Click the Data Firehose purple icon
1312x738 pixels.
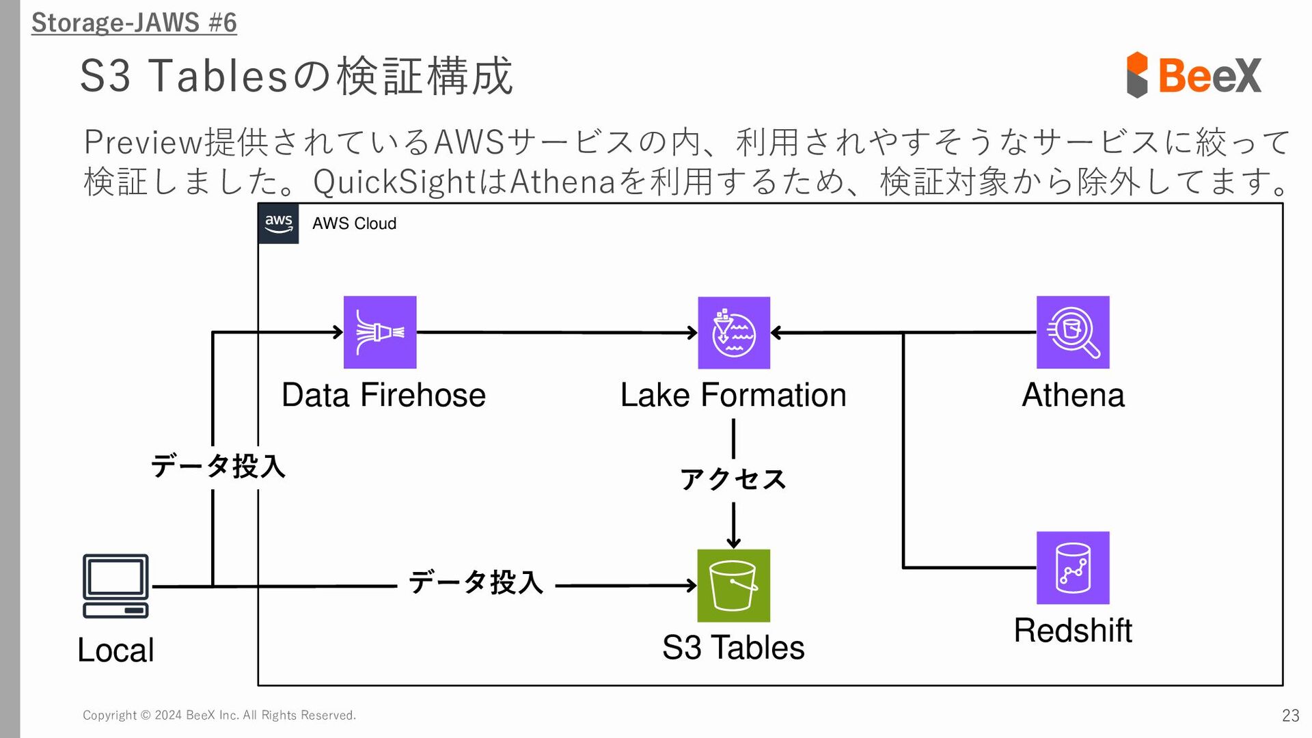380,332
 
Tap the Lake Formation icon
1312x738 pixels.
734,333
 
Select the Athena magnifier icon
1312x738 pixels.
1073,332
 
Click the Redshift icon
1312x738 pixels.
1073,568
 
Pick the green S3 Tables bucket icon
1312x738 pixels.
734,586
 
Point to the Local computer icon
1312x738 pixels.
115,586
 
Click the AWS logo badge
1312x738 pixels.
279,223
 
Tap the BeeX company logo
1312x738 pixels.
1194,74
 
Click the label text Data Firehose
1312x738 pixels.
383,395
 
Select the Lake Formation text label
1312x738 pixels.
733,395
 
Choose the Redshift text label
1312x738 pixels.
1073,630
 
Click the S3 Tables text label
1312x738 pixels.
733,647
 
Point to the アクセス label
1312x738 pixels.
733,479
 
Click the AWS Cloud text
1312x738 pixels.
354,223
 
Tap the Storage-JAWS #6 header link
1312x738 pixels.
134,23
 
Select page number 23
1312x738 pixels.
1290,715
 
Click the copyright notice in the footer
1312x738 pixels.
219,715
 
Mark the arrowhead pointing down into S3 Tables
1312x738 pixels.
733,543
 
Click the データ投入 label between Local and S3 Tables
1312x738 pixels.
476,582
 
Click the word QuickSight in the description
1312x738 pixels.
394,182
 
